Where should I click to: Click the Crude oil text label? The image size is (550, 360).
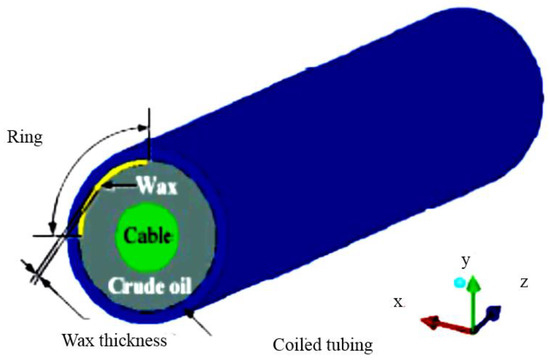tap(148, 286)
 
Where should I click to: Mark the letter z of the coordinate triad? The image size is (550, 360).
tap(523, 283)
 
